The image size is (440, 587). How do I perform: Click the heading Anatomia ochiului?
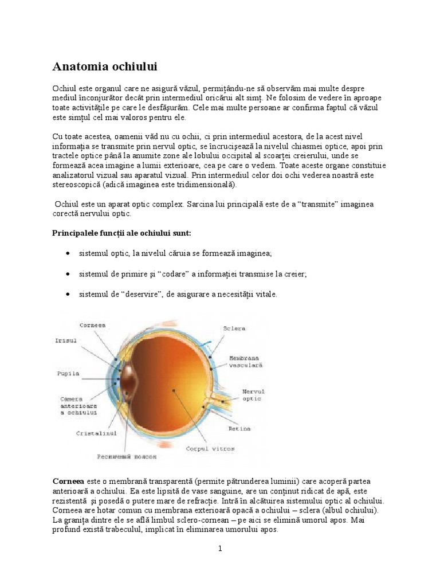click(x=105, y=66)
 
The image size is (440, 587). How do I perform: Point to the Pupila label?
click(x=68, y=373)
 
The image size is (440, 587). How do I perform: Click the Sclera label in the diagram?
click(x=234, y=328)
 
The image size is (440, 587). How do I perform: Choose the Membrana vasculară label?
click(x=246, y=361)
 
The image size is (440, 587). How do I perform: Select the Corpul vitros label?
click(x=210, y=448)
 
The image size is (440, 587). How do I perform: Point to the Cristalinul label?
click(x=96, y=433)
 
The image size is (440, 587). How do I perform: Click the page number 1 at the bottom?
click(x=220, y=549)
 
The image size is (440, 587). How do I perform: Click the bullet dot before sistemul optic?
click(x=68, y=253)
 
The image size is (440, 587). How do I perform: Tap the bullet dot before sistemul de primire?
click(x=68, y=274)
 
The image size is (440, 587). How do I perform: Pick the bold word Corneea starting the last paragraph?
click(x=68, y=482)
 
